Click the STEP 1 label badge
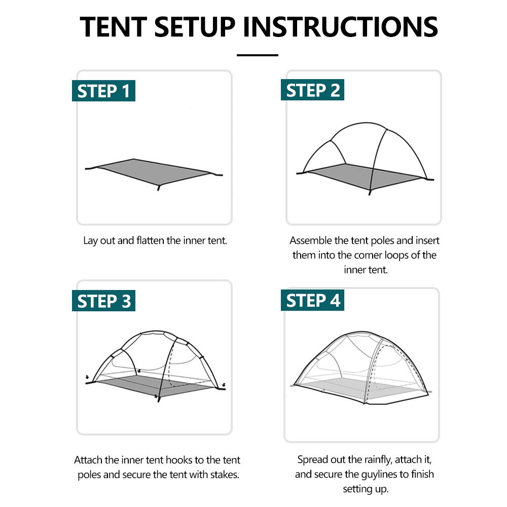point(103,91)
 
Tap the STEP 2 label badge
point(312,90)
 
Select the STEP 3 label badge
point(103,301)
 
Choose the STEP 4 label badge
point(312,300)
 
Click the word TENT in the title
point(114,27)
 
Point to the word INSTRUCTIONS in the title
point(341,27)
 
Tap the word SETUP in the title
point(195,27)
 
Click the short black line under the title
point(258,55)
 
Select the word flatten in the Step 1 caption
point(151,240)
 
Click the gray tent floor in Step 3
point(155,385)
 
